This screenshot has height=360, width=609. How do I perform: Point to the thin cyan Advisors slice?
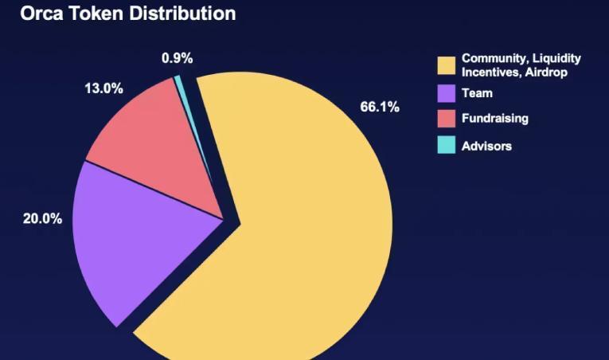tap(180, 84)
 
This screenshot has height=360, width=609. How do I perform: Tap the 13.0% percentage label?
tap(103, 88)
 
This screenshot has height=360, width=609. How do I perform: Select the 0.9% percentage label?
tap(177, 58)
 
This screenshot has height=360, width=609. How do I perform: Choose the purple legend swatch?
tap(446, 93)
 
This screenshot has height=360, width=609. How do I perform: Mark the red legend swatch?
tap(446, 119)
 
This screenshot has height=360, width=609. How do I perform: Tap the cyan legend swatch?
tap(446, 146)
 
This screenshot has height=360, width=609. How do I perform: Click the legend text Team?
tap(477, 93)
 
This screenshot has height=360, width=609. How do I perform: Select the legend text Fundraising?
tap(494, 119)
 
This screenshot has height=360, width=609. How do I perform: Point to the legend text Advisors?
tap(486, 146)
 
